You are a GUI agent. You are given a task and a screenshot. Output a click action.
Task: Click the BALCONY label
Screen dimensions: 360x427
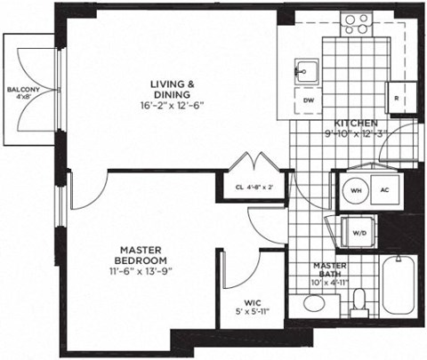click(x=22, y=90)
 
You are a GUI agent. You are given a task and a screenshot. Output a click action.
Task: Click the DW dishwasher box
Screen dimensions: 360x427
click(x=309, y=100)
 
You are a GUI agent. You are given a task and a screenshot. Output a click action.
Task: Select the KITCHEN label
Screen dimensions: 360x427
click(x=356, y=123)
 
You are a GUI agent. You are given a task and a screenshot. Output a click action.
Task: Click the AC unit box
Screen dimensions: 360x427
click(x=385, y=189)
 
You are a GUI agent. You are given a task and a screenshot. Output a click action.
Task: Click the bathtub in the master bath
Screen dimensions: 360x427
click(x=399, y=284)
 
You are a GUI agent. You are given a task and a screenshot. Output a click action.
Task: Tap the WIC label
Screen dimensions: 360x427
click(x=240, y=300)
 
